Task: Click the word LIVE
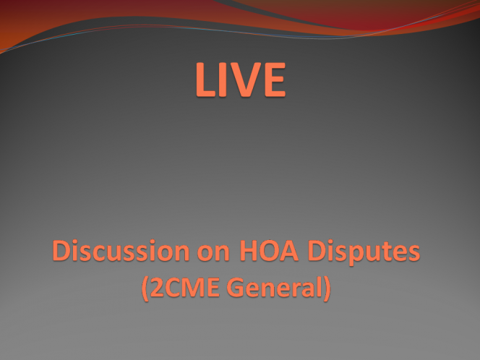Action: pos(241,80)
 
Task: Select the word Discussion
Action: pos(121,250)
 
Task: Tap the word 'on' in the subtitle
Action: pos(213,253)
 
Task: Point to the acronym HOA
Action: pos(269,251)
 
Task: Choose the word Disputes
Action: pos(364,252)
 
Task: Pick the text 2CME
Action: pos(185,288)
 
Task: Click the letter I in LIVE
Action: pos(221,80)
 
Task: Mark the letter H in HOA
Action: pos(249,251)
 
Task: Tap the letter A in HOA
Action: pos(289,251)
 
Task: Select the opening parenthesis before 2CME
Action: pos(145,288)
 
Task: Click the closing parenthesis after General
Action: pos(327,288)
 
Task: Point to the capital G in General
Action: pos(236,287)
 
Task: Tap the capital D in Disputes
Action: pos(317,251)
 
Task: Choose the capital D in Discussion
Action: pos(61,251)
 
